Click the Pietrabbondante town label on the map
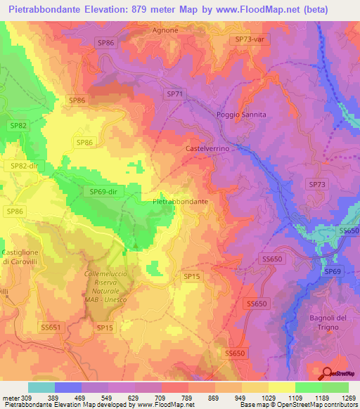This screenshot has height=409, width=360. (x=180, y=201)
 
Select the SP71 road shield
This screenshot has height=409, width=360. (x=175, y=93)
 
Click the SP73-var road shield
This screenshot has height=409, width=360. (x=249, y=40)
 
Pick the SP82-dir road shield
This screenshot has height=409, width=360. (x=23, y=166)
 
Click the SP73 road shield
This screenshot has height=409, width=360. (x=318, y=184)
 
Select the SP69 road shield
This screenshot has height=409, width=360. (x=332, y=271)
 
